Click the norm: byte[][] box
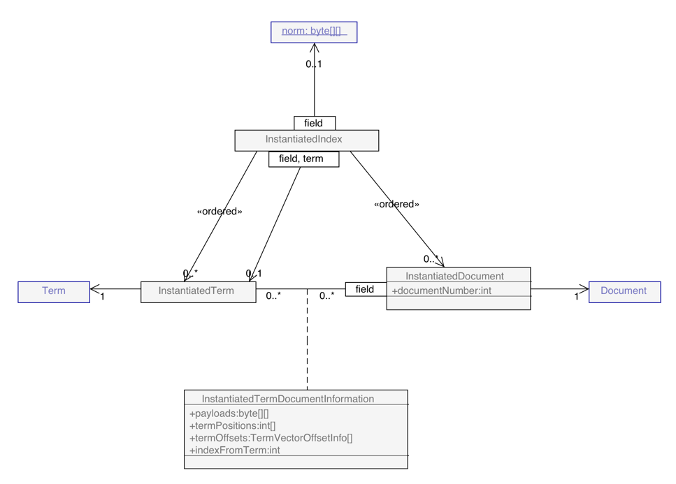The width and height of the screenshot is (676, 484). (x=314, y=32)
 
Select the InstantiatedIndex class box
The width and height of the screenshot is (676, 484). (x=306, y=140)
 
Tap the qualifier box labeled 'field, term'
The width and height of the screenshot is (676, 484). (x=303, y=159)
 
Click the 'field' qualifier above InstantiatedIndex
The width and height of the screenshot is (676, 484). (x=314, y=124)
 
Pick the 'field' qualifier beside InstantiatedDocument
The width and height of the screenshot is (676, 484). (x=365, y=289)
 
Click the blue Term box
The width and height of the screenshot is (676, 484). (x=54, y=291)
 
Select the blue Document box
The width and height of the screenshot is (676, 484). (x=624, y=291)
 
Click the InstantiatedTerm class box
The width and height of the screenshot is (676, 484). (x=198, y=291)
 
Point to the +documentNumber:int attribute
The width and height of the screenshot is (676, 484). (x=442, y=291)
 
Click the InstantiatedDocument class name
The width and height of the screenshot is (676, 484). (x=454, y=276)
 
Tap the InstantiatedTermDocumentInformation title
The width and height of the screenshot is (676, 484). (x=288, y=399)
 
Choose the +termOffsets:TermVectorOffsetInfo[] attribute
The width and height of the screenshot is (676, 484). (x=271, y=438)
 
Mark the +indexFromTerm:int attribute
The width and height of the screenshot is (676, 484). (x=235, y=450)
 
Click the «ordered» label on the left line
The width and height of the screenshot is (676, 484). (x=220, y=212)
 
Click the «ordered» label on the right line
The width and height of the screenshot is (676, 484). (x=396, y=205)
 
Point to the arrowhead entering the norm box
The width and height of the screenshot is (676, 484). (x=315, y=47)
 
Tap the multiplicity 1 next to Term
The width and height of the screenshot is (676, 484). (x=102, y=297)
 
